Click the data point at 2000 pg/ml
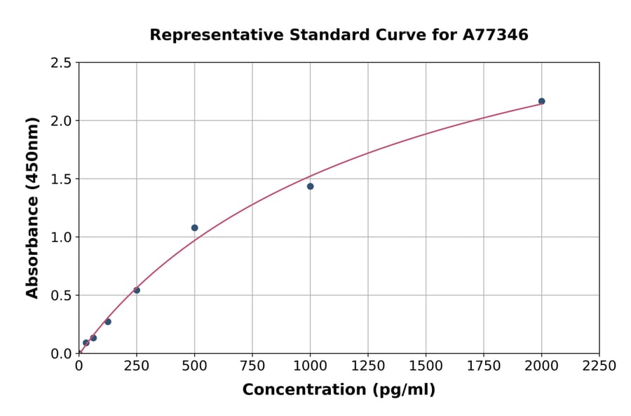click(x=541, y=102)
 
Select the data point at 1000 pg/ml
click(x=310, y=186)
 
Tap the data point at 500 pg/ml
click(x=194, y=228)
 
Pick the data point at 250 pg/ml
click(x=137, y=290)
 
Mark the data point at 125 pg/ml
click(x=108, y=321)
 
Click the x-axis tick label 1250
click(x=368, y=366)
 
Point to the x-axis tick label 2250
click(x=599, y=366)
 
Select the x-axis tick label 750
click(x=252, y=366)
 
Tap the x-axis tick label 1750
click(x=484, y=366)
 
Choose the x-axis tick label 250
click(x=137, y=366)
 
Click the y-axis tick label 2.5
click(x=62, y=63)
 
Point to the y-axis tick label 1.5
click(x=62, y=179)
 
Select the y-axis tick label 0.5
click(x=62, y=296)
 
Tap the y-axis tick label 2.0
click(x=62, y=121)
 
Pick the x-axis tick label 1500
click(x=426, y=366)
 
